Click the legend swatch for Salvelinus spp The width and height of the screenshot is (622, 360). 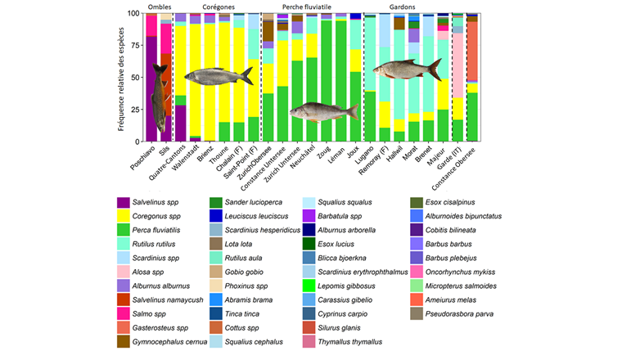coord(124,203)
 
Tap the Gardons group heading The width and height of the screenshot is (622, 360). coord(419,7)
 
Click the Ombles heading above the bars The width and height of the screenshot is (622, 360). coord(158,7)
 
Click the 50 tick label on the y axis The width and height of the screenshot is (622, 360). coord(137,78)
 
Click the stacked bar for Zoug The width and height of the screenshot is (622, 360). coord(327,78)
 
